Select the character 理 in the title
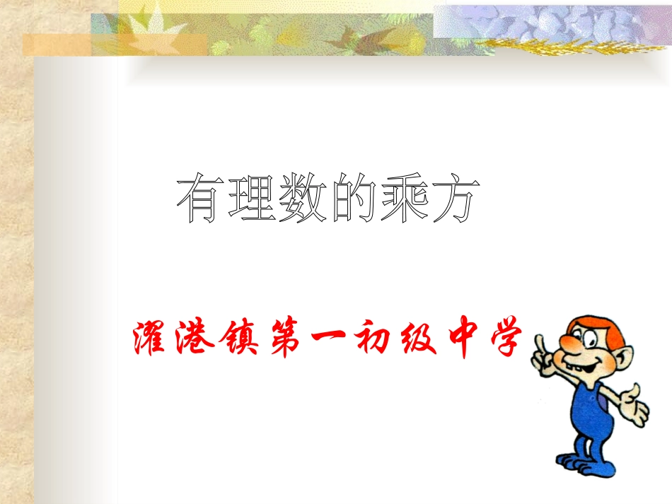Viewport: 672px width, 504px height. [251, 201]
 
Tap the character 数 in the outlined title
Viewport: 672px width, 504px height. [302, 201]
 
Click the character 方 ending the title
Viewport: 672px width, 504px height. [451, 201]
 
